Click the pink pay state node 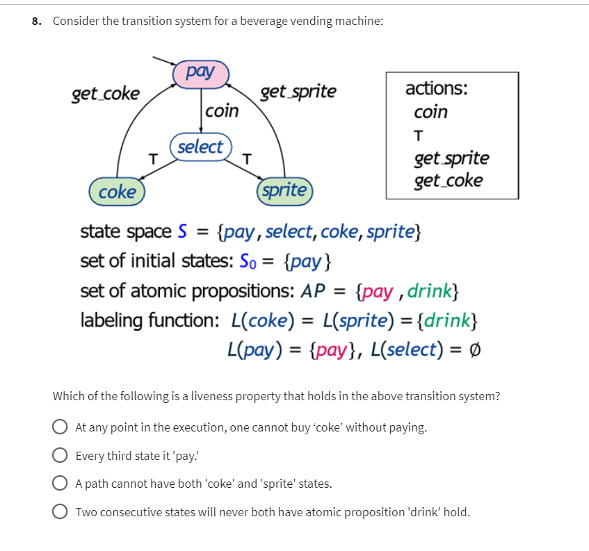[x=200, y=72]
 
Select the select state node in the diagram [x=200, y=147]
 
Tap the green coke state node [x=117, y=192]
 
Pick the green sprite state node [x=286, y=190]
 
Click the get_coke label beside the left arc [x=106, y=94]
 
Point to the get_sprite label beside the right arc [x=298, y=92]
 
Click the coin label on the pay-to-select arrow [x=223, y=110]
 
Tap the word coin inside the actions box [x=430, y=112]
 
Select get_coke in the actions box [x=448, y=181]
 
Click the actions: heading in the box [x=437, y=89]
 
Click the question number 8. [x=35, y=21]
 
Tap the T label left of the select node [x=154, y=157]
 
